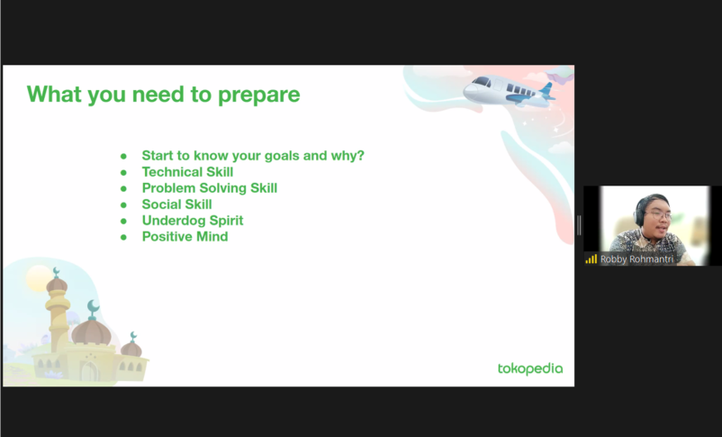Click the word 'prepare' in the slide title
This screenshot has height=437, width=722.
[258, 96]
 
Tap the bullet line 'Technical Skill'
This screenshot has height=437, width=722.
[187, 172]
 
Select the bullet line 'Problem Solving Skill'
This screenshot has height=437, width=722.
[210, 188]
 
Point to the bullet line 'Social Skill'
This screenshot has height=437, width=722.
[176, 205]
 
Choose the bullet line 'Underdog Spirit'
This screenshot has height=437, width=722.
[193, 221]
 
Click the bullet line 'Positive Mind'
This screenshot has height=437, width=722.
[185, 236]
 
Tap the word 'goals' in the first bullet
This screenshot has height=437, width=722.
[282, 156]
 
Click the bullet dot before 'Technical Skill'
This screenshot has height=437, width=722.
[123, 173]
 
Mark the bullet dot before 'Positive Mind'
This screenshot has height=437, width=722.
[123, 237]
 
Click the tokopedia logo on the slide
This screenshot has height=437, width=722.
[530, 369]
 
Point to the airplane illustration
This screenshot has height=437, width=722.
[509, 91]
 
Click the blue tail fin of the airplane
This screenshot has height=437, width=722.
[546, 88]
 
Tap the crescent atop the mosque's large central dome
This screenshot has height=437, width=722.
[93, 306]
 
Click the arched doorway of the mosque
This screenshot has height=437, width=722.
[89, 371]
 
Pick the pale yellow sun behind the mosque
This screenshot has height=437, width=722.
[38, 278]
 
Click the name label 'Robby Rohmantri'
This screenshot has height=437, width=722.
[636, 259]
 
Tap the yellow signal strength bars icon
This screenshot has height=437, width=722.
[591, 259]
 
